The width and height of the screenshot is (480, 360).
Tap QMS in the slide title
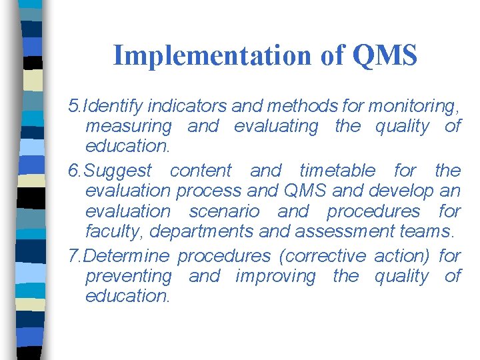(x=385, y=55)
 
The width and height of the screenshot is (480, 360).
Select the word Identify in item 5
(x=113, y=105)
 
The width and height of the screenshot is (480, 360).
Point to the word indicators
(x=187, y=105)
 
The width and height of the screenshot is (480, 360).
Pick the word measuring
(x=129, y=126)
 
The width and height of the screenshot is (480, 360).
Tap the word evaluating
(x=276, y=126)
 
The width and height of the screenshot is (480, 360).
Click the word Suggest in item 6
(x=119, y=170)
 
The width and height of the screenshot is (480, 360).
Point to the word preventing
(x=129, y=276)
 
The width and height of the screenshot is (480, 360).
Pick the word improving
(x=276, y=276)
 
